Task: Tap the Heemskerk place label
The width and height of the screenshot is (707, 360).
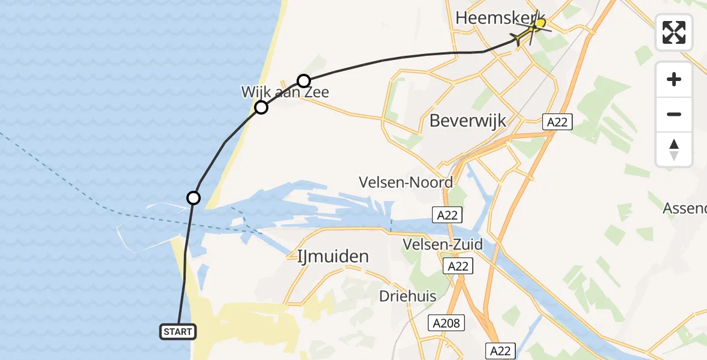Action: pyautogui.click(x=500, y=18)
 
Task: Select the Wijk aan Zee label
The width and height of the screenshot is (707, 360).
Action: pyautogui.click(x=285, y=92)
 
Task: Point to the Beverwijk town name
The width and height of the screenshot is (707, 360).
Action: pyautogui.click(x=468, y=121)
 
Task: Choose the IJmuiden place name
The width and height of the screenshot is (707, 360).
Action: pyautogui.click(x=333, y=257)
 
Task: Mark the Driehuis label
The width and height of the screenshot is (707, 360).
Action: pyautogui.click(x=408, y=296)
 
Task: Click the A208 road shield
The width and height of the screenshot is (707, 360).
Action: pyautogui.click(x=446, y=323)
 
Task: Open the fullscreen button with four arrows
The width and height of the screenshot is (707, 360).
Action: pyautogui.click(x=674, y=32)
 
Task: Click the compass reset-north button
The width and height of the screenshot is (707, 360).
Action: pyautogui.click(x=674, y=149)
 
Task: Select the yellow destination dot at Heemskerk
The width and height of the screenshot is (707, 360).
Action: pyautogui.click(x=540, y=23)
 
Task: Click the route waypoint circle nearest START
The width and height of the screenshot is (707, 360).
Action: pyautogui.click(x=194, y=197)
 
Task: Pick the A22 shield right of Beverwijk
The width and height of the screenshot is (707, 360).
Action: pyautogui.click(x=558, y=122)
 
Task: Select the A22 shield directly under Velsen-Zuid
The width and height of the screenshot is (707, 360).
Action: pyautogui.click(x=458, y=266)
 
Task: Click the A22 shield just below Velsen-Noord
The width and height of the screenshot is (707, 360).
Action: pyautogui.click(x=448, y=214)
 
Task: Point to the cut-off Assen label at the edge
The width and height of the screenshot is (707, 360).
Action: pyautogui.click(x=684, y=208)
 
